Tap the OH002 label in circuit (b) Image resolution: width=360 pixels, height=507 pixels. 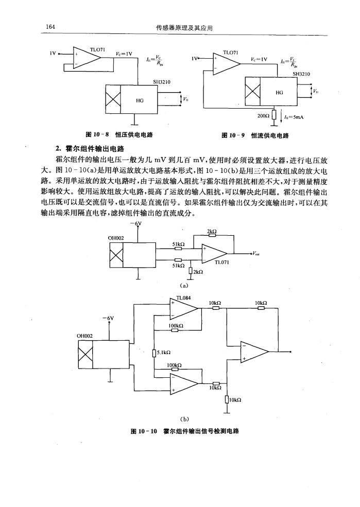pos(86,335)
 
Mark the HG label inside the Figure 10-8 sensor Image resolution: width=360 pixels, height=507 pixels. pos(140,101)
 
